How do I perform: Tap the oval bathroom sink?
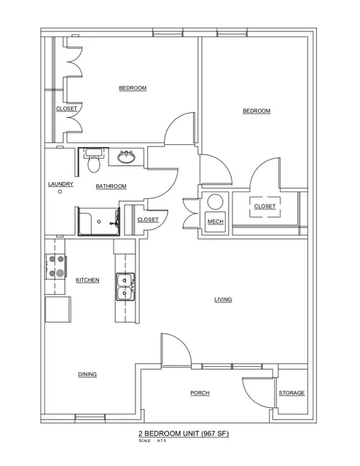point(127,157)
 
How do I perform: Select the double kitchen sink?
point(125,287)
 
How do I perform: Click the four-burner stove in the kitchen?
point(56,266)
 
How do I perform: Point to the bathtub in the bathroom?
point(99,221)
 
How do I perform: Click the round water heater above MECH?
point(215,202)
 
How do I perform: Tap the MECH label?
point(216,221)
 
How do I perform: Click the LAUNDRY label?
point(60,184)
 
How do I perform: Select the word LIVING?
point(223,299)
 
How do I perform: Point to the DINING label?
point(87,374)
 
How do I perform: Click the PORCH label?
point(200,393)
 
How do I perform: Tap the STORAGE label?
point(291,393)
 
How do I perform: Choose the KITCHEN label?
point(87,280)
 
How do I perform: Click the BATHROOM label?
point(111,186)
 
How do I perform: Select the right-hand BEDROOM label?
point(257,111)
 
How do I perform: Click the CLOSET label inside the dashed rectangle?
point(265,206)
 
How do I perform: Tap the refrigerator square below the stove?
point(58,309)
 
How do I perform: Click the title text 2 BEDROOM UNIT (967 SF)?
point(184,434)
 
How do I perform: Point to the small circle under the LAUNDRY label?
point(60,191)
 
